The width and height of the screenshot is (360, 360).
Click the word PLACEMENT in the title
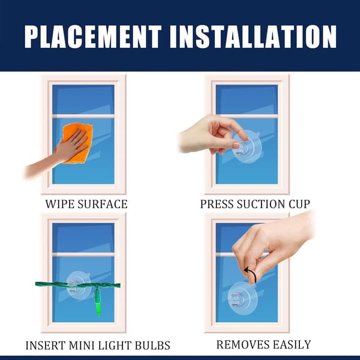93,37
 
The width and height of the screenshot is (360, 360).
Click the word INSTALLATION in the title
253,37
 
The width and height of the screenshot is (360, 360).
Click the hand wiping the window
58,154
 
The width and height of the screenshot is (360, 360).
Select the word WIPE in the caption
59,204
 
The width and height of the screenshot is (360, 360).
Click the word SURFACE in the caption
103,204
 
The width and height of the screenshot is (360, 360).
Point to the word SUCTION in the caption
260,204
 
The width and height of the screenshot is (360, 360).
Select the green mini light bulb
98,302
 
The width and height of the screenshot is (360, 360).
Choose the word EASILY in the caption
292,344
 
